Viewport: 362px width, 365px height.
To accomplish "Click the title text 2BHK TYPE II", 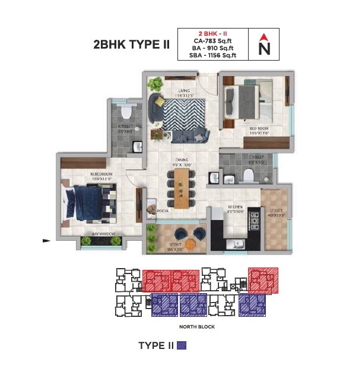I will pyautogui.click(x=131, y=45).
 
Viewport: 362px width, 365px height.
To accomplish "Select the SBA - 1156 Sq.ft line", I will pyautogui.click(x=212, y=56).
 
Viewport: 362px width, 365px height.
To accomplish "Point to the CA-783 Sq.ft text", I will pyautogui.click(x=212, y=41).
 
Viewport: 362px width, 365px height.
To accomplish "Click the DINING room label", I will pyautogui.click(x=182, y=160).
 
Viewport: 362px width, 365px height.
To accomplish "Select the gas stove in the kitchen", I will pyautogui.click(x=254, y=222).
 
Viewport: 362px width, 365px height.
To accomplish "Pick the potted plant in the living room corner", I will pyautogui.click(x=155, y=83).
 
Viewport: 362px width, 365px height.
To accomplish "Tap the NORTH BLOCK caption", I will pyautogui.click(x=195, y=327).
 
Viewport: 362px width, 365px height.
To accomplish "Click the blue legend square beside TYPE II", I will pyautogui.click(x=183, y=345).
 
